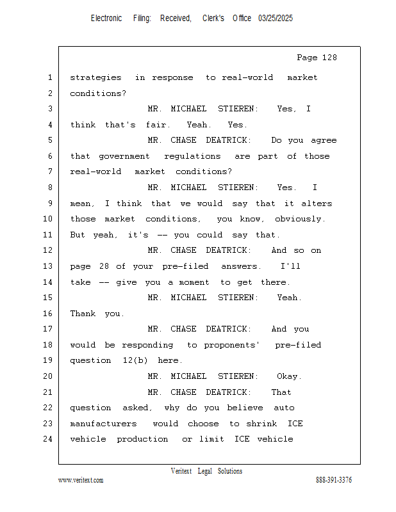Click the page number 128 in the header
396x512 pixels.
pyautogui.click(x=329, y=58)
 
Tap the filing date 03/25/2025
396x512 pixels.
pyautogui.click(x=276, y=19)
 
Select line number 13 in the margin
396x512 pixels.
pyautogui.click(x=48, y=266)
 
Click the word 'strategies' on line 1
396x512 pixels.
pyautogui.click(x=95, y=77)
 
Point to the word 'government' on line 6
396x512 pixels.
pyautogui.click(x=124, y=156)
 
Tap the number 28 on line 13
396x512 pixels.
pyautogui.click(x=104, y=266)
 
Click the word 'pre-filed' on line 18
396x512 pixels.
pyautogui.click(x=298, y=345)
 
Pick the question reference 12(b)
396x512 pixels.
pyautogui.click(x=135, y=360)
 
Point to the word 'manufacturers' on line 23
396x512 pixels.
pyautogui.click(x=103, y=424)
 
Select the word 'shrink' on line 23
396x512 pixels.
pyautogui.click(x=261, y=424)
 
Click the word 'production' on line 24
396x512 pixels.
pyautogui.click(x=142, y=439)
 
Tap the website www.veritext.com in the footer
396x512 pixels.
pyautogui.click(x=81, y=480)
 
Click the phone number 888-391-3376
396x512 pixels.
pyautogui.click(x=334, y=479)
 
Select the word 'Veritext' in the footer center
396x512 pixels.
pyautogui.click(x=181, y=471)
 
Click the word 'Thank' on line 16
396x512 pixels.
pyautogui.click(x=83, y=314)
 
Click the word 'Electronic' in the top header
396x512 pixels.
pyautogui.click(x=106, y=19)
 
